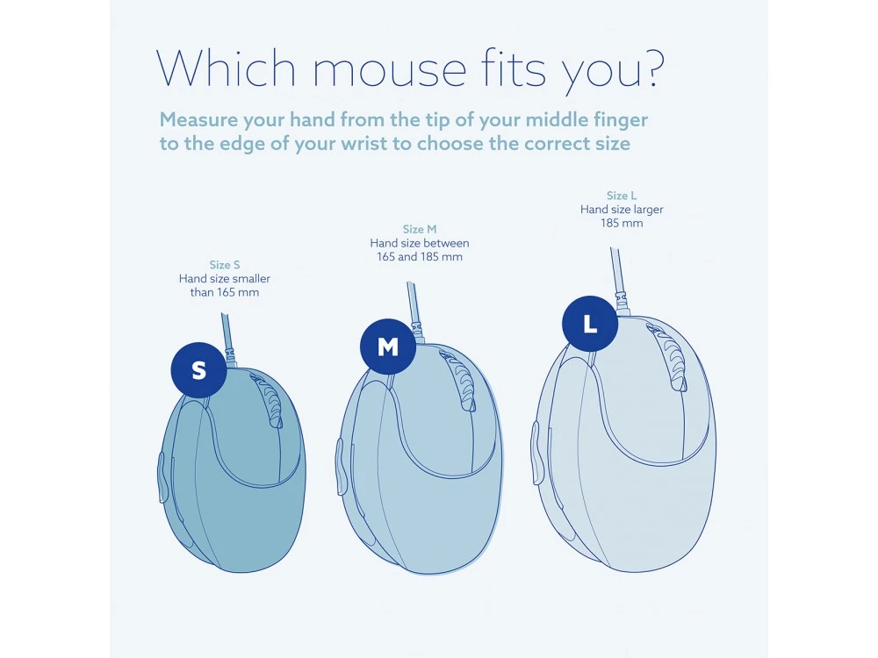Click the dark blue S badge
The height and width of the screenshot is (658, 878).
198,370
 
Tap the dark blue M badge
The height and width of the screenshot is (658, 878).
388,347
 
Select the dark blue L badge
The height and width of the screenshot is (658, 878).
590,324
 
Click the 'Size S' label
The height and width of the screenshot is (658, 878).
225,265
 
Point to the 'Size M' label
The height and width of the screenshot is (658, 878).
420,230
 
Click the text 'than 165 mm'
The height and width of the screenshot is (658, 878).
225,292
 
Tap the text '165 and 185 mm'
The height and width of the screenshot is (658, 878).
420,257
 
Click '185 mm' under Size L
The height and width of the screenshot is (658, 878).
622,223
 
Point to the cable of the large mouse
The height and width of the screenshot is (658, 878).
617,272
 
